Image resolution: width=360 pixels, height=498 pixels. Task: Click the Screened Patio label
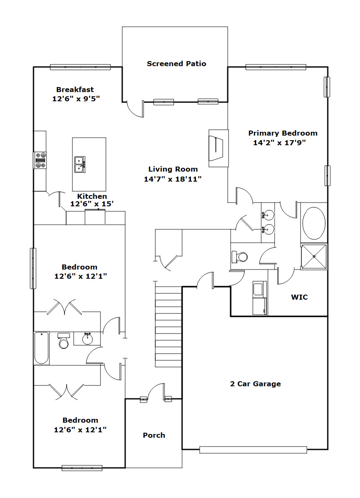(176, 64)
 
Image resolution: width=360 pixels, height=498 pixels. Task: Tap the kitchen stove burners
(40, 160)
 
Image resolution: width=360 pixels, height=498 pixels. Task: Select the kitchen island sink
(80, 164)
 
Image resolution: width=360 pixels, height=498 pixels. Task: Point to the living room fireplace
(218, 148)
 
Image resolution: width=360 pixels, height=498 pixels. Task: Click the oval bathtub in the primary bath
(314, 223)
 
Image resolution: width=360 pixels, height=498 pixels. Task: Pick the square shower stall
(314, 257)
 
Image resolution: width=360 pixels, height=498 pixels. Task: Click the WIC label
(299, 297)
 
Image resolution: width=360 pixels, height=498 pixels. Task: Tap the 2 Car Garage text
(255, 384)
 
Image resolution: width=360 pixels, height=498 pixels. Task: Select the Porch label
(154, 435)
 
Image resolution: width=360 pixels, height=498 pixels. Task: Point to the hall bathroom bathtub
(41, 348)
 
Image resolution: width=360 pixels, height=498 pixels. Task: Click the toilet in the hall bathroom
(64, 341)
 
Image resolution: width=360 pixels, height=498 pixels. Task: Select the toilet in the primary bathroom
(240, 257)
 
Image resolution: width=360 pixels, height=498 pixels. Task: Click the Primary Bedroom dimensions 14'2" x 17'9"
(279, 143)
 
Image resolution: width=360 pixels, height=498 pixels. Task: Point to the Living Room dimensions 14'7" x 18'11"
(172, 179)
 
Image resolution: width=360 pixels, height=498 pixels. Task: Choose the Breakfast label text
(75, 90)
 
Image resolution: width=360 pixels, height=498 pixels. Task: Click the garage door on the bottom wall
(253, 450)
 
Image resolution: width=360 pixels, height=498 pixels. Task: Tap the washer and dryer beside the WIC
(260, 298)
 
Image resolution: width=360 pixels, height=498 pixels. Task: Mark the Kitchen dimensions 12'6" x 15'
(92, 204)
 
